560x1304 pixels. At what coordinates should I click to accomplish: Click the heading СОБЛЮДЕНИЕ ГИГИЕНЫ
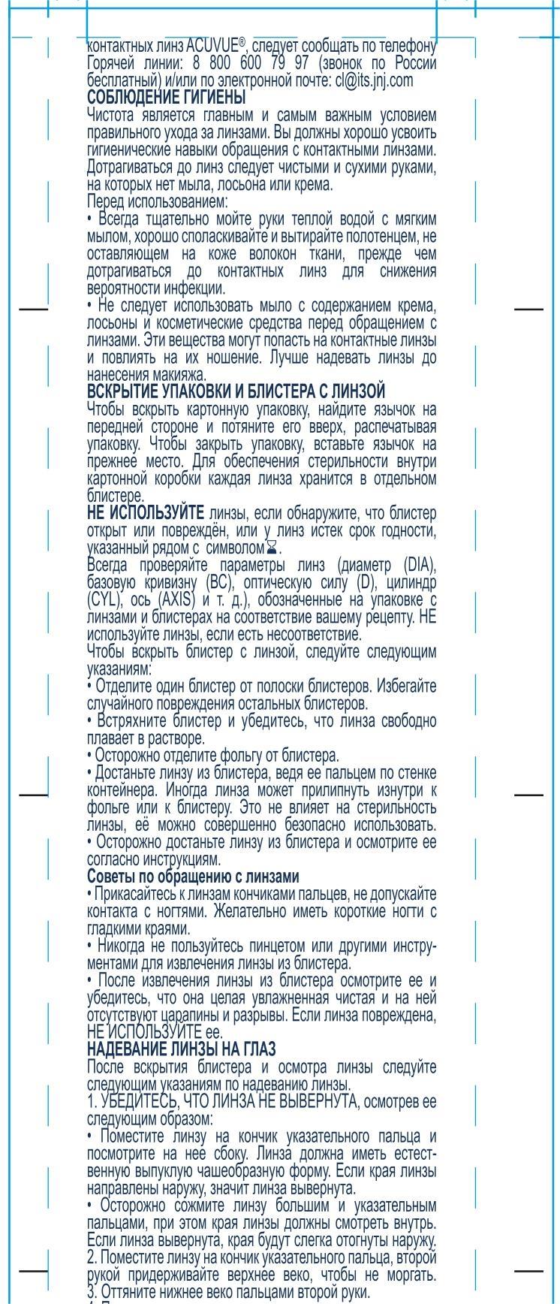click(166, 97)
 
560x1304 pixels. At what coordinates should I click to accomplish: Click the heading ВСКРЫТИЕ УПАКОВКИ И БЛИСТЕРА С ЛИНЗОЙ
click(236, 391)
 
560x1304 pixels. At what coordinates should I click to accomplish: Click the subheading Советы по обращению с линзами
click(194, 877)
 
